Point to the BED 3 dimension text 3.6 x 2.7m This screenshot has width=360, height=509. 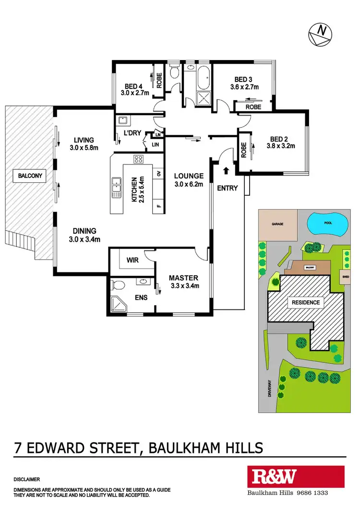(x=244, y=87)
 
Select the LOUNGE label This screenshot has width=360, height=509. (x=189, y=176)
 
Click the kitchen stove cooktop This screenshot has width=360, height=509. (x=139, y=160)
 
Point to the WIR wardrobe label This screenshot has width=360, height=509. (x=133, y=260)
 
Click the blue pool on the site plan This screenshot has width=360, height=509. (x=327, y=224)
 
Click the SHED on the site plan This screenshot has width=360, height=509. (x=345, y=276)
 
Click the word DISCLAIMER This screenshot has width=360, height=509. (x=27, y=479)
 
